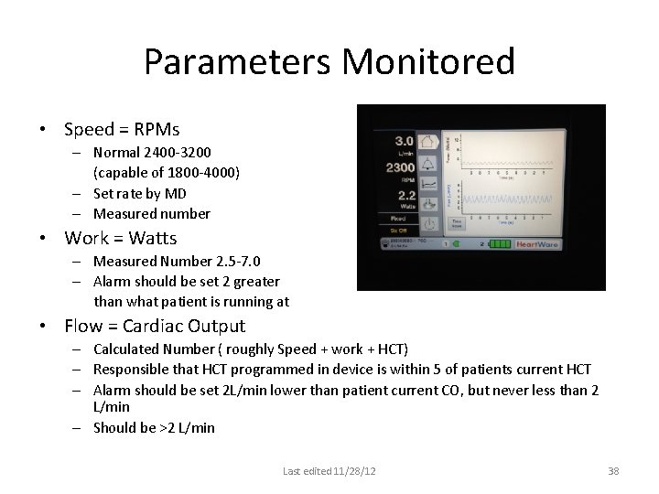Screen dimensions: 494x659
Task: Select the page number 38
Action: (x=613, y=471)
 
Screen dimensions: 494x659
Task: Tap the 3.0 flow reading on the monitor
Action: (x=404, y=141)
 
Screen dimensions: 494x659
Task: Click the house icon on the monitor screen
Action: (x=428, y=142)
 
